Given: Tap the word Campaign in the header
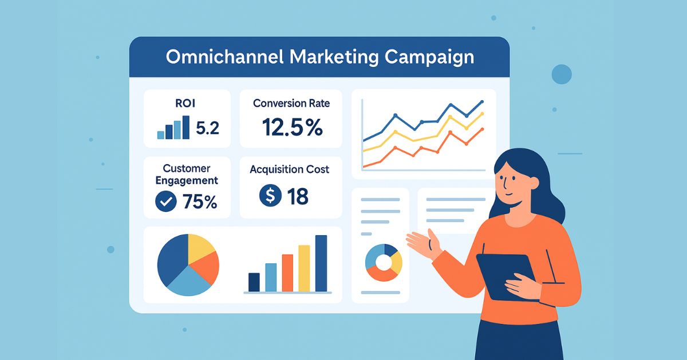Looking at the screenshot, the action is [429, 58].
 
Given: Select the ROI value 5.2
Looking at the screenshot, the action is [208, 128].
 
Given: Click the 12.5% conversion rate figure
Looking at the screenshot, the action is [293, 127].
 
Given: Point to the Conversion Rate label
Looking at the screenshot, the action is [291, 104].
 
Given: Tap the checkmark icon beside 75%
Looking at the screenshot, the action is [166, 201].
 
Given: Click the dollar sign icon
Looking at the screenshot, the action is [270, 195].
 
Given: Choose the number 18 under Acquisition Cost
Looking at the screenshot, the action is [298, 196].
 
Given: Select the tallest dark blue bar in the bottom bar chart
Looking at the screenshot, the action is [321, 263].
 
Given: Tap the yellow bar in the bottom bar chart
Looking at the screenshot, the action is [304, 268].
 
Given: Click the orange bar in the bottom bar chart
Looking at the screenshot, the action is [287, 273].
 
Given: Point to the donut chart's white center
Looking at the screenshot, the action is [384, 263].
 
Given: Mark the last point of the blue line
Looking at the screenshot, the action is [482, 101].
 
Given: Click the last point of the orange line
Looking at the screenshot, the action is [482, 129].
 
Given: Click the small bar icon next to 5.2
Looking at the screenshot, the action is [173, 127].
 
